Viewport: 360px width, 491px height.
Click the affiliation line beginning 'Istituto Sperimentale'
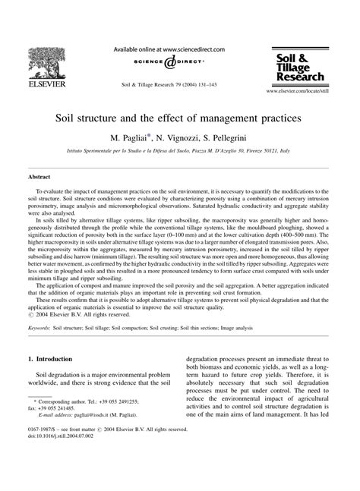pyautogui.click(x=179, y=153)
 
